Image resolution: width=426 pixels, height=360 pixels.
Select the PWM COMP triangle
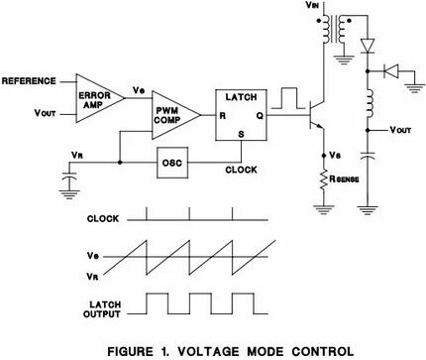(170, 115)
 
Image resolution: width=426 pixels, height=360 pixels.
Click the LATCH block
(240, 117)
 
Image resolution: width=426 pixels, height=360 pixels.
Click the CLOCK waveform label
(103, 217)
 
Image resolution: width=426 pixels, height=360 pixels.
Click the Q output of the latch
(259, 116)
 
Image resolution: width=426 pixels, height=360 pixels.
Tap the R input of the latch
(223, 116)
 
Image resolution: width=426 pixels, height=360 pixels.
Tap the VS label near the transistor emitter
(339, 156)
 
